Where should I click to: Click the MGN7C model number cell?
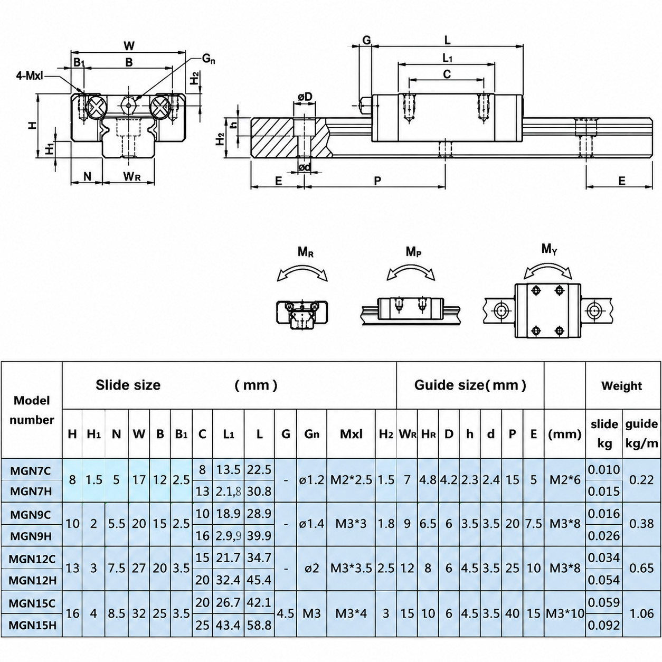click(31, 470)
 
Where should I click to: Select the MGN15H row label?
click(32, 625)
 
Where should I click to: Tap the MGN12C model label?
click(32, 559)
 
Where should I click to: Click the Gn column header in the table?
click(311, 434)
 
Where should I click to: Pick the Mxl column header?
click(351, 434)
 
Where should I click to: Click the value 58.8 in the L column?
click(259, 625)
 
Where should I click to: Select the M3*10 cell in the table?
click(565, 613)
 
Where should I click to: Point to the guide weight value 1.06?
click(642, 613)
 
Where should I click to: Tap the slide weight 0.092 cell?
click(604, 625)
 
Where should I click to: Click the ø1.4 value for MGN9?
click(311, 524)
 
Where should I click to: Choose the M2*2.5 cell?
click(351, 480)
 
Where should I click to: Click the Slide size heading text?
click(128, 385)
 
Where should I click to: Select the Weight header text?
click(621, 386)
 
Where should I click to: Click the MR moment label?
click(306, 252)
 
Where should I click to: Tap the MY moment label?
click(549, 249)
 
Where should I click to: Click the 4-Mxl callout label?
click(30, 75)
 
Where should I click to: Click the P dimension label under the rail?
click(377, 181)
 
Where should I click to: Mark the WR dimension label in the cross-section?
click(133, 176)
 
